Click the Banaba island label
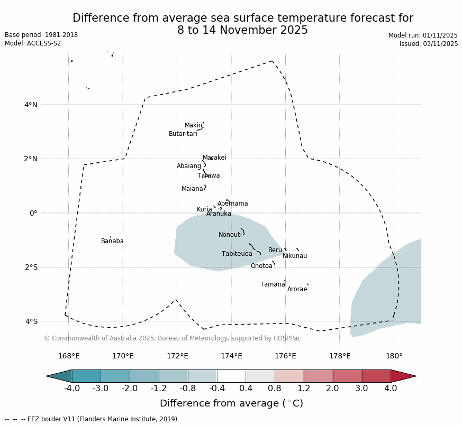(112, 242)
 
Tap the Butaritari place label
(183, 134)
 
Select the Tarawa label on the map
(209, 176)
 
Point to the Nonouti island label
(230, 235)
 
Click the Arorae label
(297, 290)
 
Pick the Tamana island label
(273, 285)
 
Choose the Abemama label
(233, 204)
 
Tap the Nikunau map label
(295, 256)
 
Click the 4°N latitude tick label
(31, 105)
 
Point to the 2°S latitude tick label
(31, 267)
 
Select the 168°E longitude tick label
(69, 356)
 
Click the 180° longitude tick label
(394, 356)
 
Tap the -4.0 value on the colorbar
(71, 389)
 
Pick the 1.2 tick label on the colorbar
(304, 389)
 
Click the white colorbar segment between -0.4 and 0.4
(231, 376)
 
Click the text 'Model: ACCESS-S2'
(33, 43)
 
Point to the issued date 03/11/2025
(429, 44)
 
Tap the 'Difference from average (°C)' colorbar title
(231, 404)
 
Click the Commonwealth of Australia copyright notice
(173, 338)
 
